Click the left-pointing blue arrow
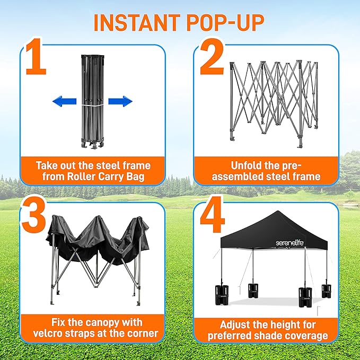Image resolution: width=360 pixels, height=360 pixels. [64, 101]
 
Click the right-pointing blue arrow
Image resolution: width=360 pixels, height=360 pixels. [120, 101]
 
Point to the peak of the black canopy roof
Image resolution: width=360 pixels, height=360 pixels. [276, 213]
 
